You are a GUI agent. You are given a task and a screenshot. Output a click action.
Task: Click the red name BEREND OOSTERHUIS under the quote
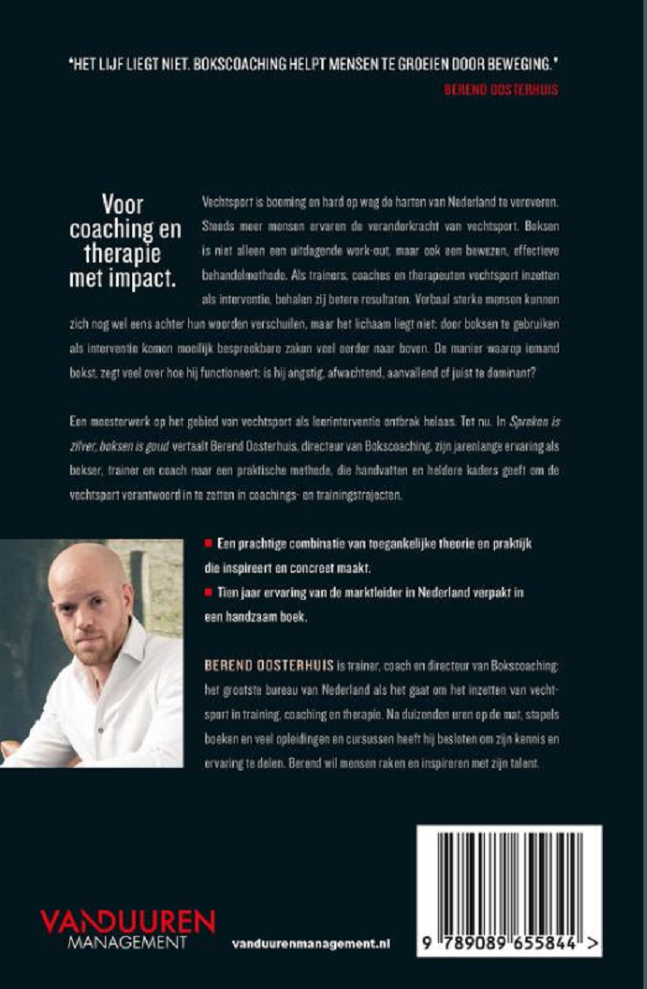pyautogui.click(x=500, y=90)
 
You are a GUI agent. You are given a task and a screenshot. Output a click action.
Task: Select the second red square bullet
pyautogui.click(x=209, y=592)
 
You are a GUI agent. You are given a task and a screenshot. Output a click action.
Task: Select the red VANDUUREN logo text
pyautogui.click(x=127, y=922)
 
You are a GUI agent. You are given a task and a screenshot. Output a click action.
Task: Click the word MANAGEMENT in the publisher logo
pyautogui.click(x=128, y=941)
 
